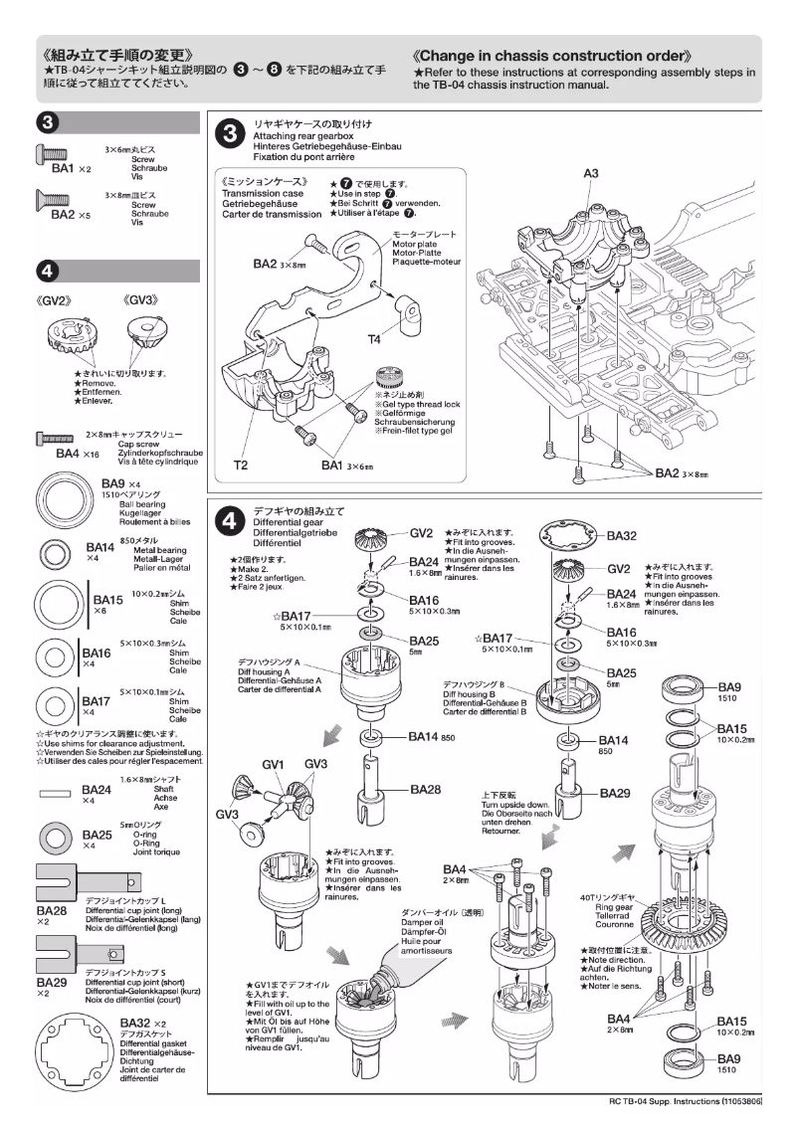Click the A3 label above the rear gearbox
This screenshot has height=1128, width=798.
click(x=590, y=173)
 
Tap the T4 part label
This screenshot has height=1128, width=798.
click(x=374, y=339)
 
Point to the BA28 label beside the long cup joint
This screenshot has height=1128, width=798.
click(x=425, y=789)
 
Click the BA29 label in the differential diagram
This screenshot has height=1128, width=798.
click(x=618, y=795)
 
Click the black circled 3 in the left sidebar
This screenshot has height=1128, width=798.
click(x=46, y=122)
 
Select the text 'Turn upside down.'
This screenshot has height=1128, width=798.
click(x=515, y=805)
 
